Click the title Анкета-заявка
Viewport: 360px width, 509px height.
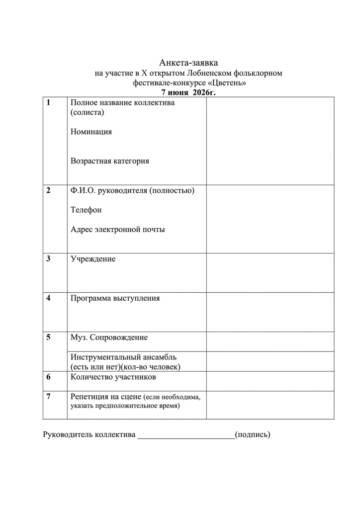188,63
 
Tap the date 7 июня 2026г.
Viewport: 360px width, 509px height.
188,92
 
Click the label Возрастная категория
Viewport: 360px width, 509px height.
110,161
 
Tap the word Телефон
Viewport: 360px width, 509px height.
86,210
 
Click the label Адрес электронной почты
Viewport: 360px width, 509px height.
118,230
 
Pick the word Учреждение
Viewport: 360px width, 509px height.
93,259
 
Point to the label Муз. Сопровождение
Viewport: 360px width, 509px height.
109,338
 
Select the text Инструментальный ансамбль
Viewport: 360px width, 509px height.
123,357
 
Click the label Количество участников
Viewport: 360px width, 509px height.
113,377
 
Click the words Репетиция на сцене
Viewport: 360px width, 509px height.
106,397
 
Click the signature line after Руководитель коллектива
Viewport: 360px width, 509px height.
186,436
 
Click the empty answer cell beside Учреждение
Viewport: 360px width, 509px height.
270,273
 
